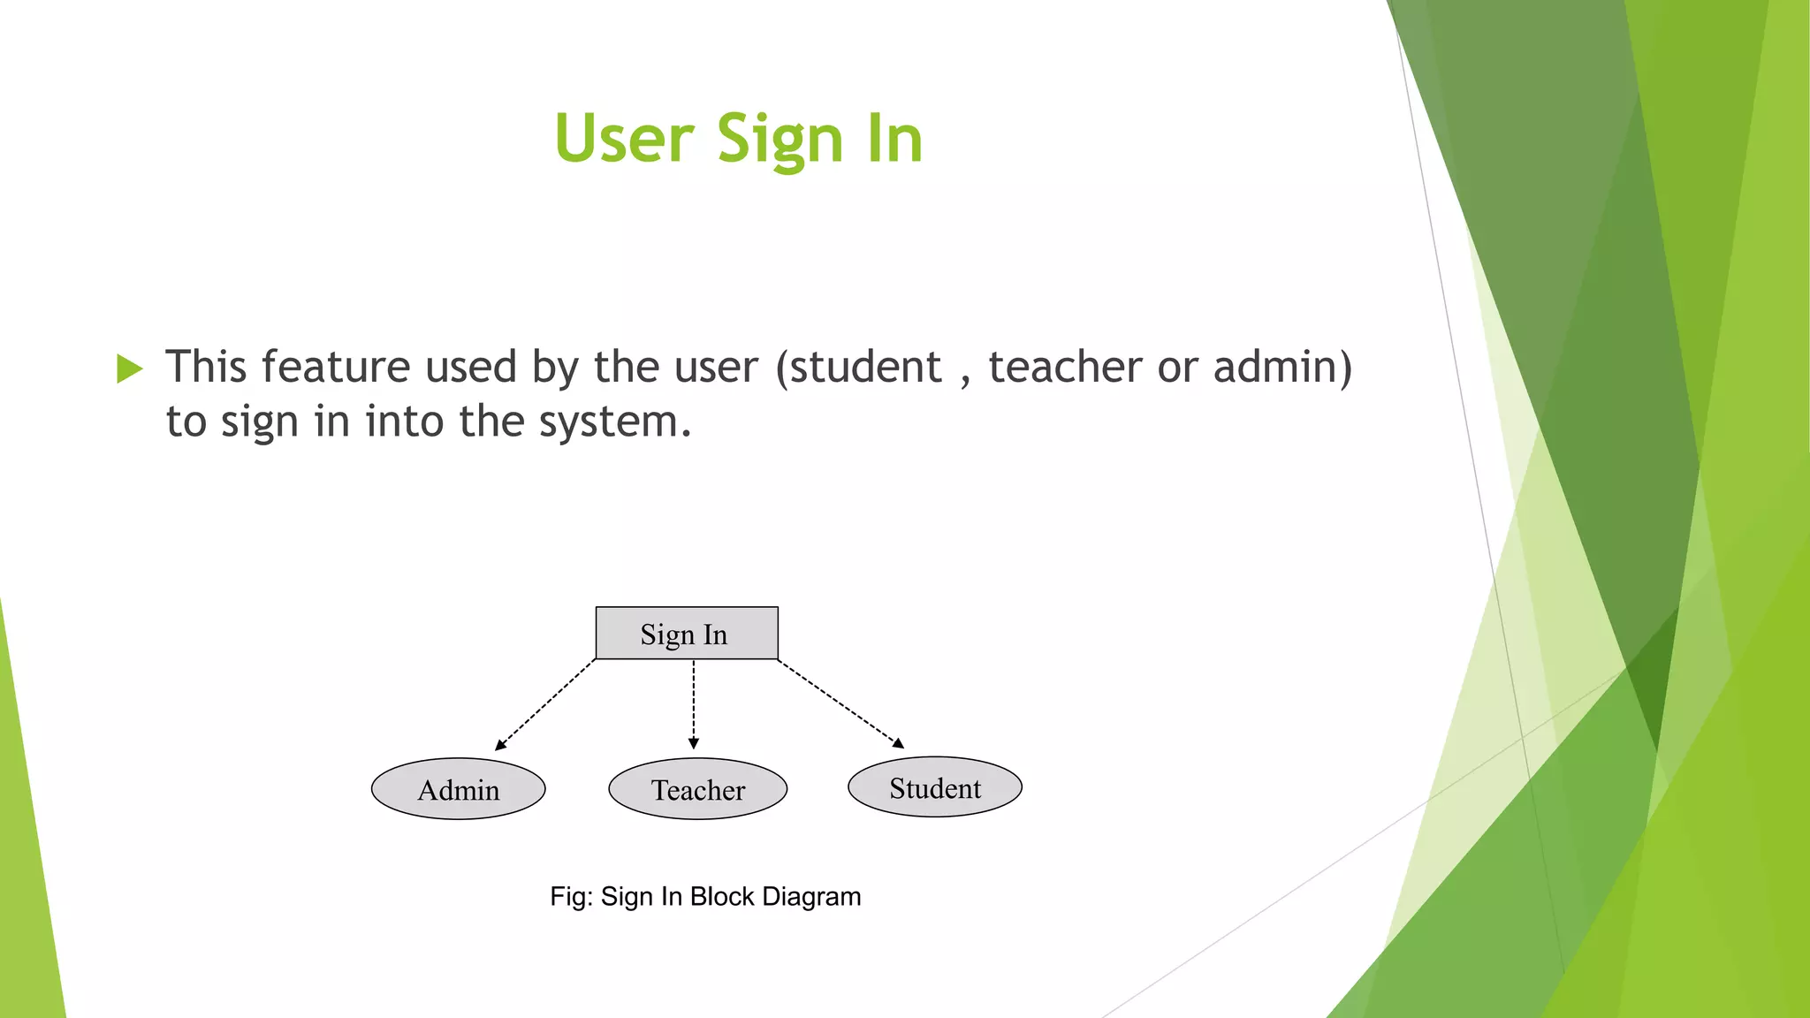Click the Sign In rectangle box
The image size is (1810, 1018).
(687, 634)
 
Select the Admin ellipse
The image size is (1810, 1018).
(458, 789)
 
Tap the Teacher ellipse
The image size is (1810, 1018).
(697, 789)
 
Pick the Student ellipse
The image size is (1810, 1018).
(935, 787)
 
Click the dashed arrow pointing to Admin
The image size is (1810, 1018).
(546, 704)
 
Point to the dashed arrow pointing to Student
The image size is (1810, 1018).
(840, 703)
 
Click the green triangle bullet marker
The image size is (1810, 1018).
(129, 368)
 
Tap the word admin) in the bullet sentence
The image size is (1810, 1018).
(1282, 368)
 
